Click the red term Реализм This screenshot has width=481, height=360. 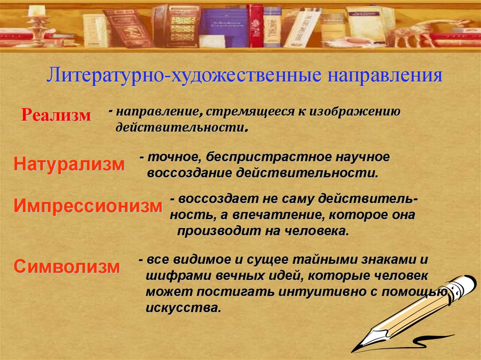[56, 115]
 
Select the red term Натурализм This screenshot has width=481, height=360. [69, 165]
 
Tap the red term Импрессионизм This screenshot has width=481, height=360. [88, 206]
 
